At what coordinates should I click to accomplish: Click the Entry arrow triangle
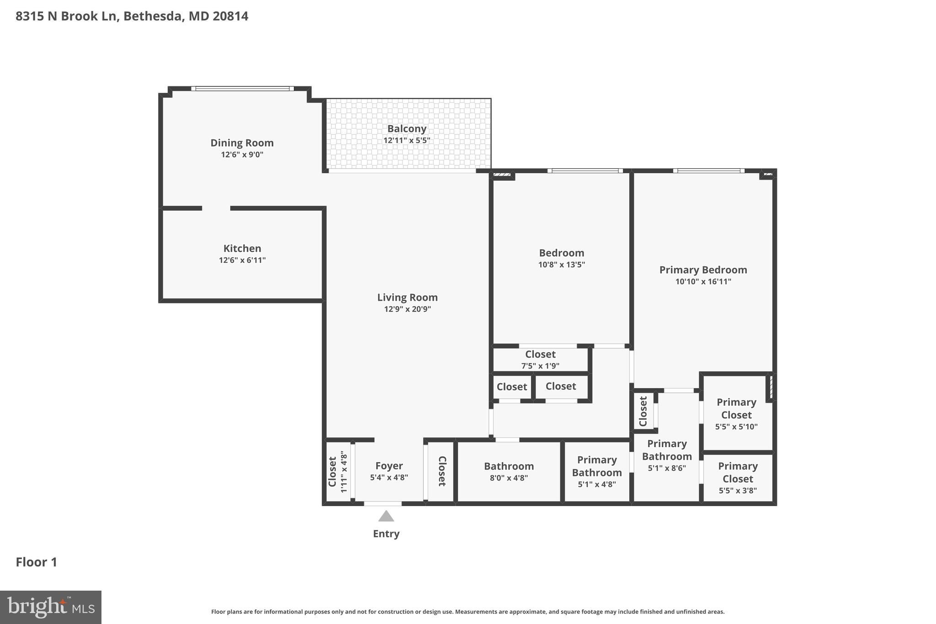(x=386, y=517)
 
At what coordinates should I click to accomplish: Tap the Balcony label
(x=407, y=129)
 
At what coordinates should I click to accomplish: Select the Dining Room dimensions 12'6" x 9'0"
(x=242, y=155)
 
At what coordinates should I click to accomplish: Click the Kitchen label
(x=242, y=248)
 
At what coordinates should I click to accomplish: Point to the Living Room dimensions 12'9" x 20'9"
(x=407, y=309)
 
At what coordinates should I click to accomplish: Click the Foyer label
(x=389, y=466)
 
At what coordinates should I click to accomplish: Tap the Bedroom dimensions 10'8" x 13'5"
(x=561, y=264)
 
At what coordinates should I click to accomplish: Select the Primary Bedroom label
(x=703, y=270)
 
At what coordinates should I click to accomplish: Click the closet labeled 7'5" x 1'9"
(x=540, y=360)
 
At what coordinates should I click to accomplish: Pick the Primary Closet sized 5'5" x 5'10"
(x=736, y=414)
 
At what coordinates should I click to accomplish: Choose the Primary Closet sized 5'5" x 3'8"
(x=738, y=478)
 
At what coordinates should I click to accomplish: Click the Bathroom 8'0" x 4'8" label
(x=509, y=466)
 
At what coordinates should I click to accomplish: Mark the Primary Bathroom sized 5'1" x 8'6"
(x=667, y=455)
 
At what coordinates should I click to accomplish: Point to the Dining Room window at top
(x=242, y=89)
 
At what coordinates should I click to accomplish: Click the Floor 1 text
(x=37, y=562)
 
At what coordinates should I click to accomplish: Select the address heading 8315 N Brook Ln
(x=132, y=16)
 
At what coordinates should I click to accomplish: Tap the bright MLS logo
(x=51, y=607)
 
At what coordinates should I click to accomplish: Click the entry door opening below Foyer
(x=383, y=504)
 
